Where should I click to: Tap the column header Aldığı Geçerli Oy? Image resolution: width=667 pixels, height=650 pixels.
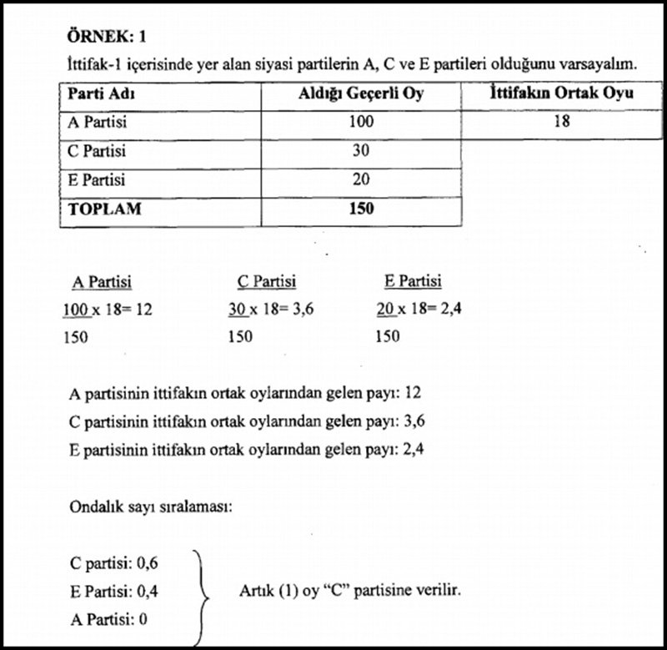point(361,93)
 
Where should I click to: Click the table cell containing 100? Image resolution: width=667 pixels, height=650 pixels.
point(361,123)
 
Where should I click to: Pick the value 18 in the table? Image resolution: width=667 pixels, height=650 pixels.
point(560,123)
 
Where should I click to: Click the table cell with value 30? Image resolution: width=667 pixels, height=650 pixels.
point(361,152)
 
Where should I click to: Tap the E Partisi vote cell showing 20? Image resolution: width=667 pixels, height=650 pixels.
point(361,180)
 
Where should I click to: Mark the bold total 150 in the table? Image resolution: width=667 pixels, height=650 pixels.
point(361,209)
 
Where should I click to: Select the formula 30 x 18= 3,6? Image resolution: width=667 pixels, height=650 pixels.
point(272,310)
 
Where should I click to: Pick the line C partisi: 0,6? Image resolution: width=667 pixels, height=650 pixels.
point(114,563)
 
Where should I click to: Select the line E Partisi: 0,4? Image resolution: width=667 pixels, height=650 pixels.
point(114,591)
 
